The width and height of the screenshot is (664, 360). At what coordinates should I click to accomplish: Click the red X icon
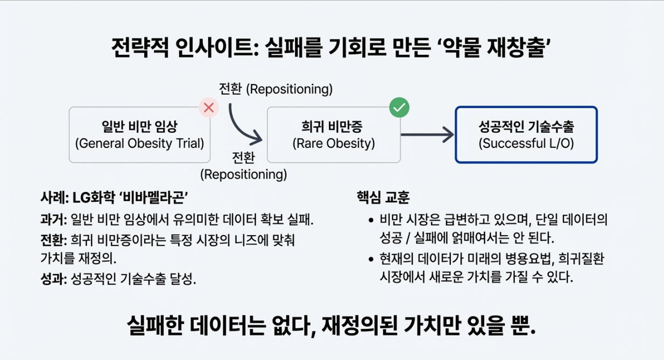(209, 108)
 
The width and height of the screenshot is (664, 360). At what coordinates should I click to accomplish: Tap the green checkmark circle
(399, 108)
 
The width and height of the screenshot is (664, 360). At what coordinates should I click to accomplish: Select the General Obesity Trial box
(139, 135)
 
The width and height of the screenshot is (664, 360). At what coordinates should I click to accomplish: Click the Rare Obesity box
(334, 135)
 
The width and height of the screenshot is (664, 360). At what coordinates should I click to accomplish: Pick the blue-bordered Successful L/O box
(526, 135)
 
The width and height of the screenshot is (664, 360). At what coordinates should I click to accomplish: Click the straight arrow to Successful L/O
(427, 135)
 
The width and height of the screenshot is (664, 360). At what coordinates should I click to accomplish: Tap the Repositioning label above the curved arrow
(276, 89)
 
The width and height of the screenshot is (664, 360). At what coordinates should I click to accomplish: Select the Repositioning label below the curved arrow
(243, 166)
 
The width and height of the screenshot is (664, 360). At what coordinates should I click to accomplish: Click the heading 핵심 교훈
(383, 197)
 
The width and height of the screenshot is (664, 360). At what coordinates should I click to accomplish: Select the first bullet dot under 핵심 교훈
(371, 220)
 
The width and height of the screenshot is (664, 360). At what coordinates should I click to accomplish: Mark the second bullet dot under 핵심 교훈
(371, 260)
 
